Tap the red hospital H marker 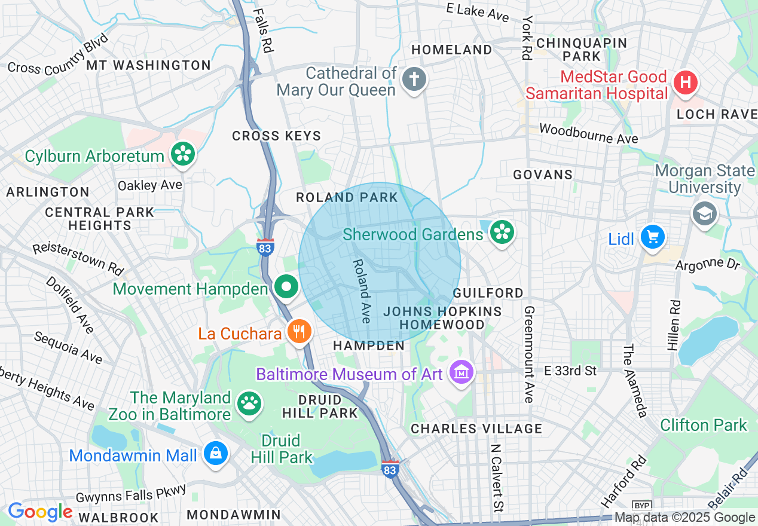point(685,83)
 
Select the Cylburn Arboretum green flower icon point(183,155)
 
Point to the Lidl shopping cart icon point(652,238)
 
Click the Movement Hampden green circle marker point(287,288)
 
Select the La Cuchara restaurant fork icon point(299,332)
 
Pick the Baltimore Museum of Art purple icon point(461,374)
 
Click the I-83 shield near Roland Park point(265,247)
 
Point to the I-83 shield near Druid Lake point(390,468)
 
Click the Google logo point(39,512)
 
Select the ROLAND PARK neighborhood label point(347,197)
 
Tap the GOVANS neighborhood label point(543,175)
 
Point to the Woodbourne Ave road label point(588,133)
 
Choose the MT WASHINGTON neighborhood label point(149,65)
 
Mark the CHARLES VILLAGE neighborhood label point(476,429)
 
